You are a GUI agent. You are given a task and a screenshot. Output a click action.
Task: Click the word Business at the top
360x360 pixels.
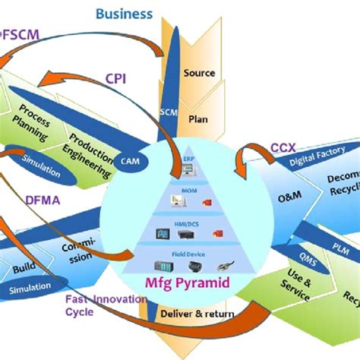pos(124,14)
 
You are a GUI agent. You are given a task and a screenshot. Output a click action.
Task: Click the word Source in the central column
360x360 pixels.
pos(200,73)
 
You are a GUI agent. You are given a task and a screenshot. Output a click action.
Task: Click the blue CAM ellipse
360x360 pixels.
pos(128,160)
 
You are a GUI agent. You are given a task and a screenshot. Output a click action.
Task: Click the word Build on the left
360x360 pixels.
pos(23,267)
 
